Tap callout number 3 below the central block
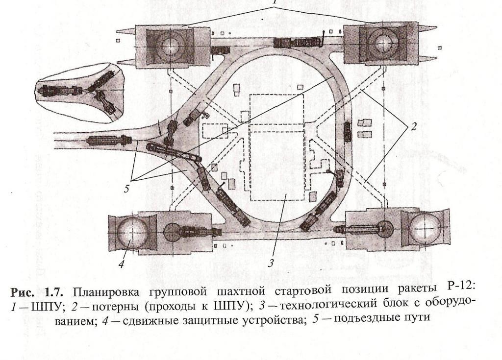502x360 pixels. [271, 263]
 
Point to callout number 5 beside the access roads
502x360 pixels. [126, 189]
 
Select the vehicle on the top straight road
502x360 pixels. [291, 43]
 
